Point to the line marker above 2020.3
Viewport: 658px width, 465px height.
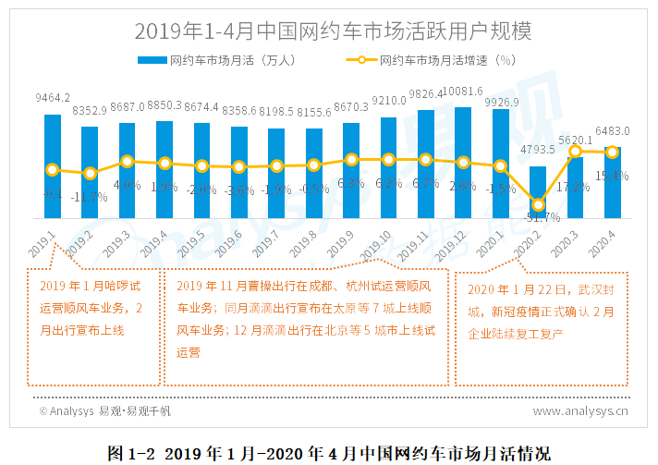(575, 151)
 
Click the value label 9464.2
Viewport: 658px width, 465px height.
(53, 97)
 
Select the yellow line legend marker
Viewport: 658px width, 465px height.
(361, 61)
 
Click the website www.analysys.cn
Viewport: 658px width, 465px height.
(580, 410)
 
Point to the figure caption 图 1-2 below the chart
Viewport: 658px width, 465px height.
(329, 452)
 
